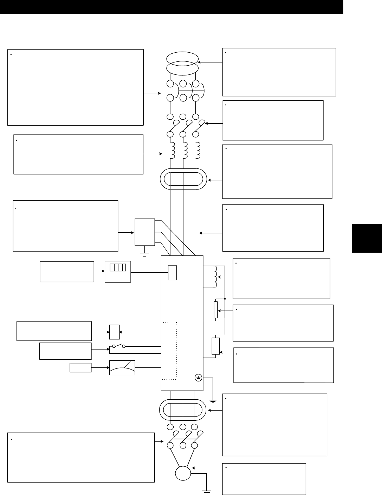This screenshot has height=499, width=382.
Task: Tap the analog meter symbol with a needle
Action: click(122, 368)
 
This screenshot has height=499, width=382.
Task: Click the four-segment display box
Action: click(118, 272)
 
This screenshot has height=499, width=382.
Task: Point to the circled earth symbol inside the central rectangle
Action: click(198, 378)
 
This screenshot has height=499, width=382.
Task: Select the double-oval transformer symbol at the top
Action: click(182, 63)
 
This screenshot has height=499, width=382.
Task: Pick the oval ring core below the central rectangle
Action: click(183, 409)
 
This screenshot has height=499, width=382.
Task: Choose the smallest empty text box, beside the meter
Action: click(80, 368)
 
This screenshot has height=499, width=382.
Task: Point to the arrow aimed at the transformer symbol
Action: click(211, 62)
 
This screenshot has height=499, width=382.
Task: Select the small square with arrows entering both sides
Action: click(115, 332)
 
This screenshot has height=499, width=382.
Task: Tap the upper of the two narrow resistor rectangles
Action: click(215, 309)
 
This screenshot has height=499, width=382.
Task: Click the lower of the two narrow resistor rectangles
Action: click(216, 346)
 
